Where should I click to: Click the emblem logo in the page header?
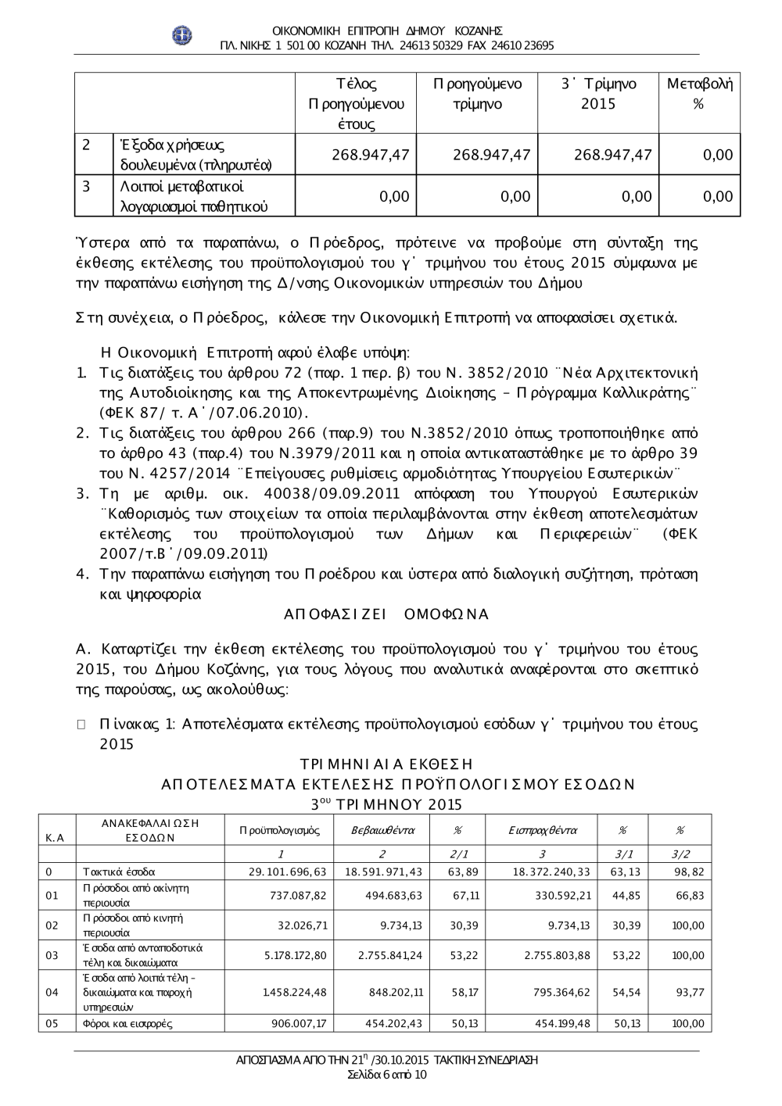[182, 36]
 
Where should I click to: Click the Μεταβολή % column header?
[699, 94]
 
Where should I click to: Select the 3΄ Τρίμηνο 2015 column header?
[598, 94]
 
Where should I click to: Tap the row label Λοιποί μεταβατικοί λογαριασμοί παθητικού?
[193, 196]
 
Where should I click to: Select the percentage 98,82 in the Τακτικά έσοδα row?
[689, 872]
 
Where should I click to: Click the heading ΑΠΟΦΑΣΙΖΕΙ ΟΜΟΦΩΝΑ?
[386, 614]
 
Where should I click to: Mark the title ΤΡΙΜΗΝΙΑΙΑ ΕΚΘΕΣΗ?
[386, 764]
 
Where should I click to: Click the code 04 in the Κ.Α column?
[52, 993]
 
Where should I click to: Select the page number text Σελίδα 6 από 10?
[387, 1074]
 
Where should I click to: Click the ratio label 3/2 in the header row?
[679, 854]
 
